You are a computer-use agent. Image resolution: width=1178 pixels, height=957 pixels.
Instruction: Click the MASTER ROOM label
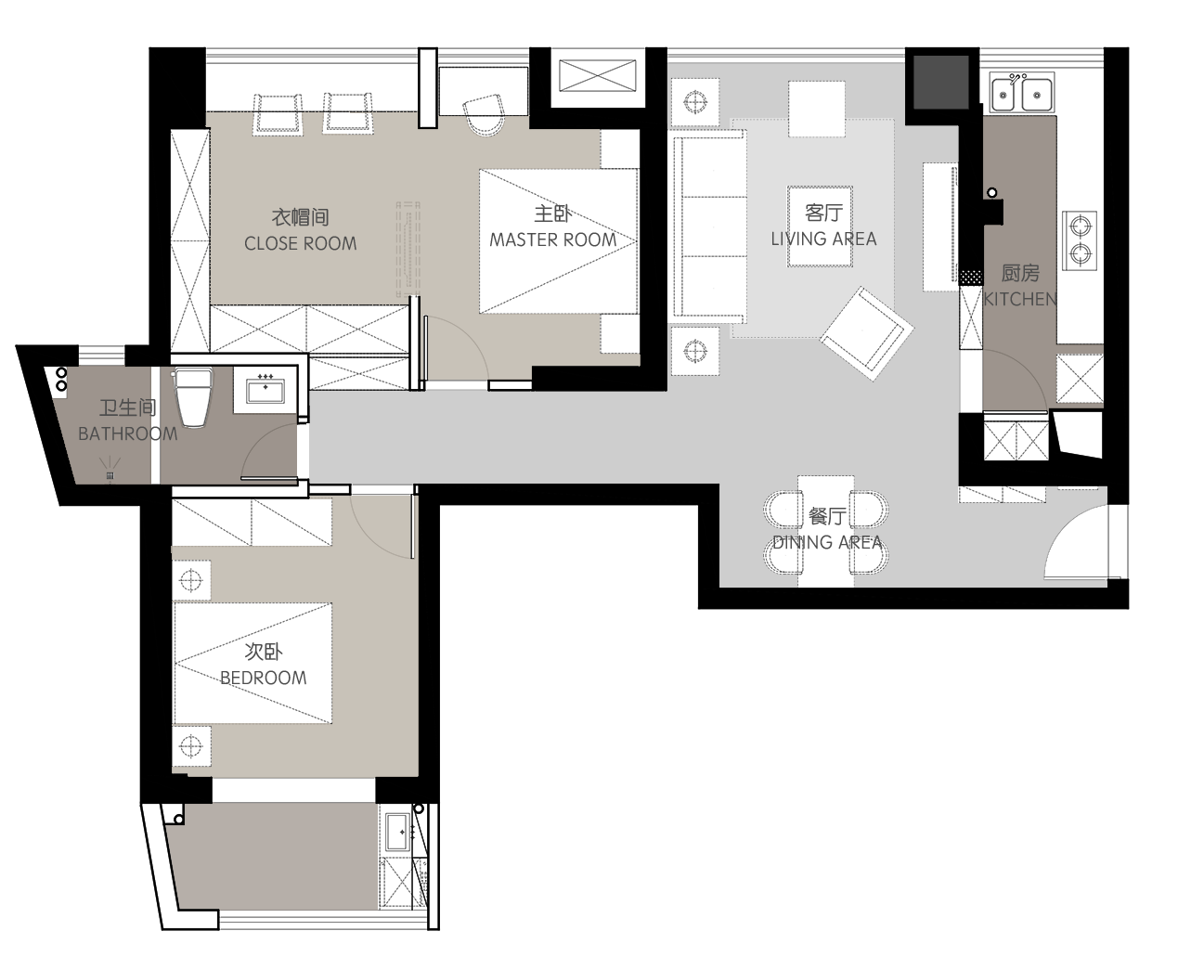click(552, 239)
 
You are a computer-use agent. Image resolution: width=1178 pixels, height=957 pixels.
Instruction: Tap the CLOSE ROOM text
click(301, 243)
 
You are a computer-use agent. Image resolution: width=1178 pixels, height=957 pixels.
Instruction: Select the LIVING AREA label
click(823, 239)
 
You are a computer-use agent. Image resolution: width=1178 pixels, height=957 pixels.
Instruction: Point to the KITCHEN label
click(1020, 299)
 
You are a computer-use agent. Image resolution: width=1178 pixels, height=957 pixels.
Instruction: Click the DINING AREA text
click(827, 542)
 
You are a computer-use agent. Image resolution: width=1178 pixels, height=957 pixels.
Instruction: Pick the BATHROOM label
click(128, 434)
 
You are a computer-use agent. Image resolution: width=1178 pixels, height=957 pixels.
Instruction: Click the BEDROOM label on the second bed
click(264, 678)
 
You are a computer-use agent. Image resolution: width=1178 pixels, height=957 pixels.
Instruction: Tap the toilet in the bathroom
click(192, 397)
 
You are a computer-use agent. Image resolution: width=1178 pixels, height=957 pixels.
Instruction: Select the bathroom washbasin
click(265, 389)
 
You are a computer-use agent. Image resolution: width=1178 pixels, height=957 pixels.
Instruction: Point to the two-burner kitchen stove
click(1080, 240)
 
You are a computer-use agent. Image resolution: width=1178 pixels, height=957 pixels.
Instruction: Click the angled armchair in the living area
click(867, 333)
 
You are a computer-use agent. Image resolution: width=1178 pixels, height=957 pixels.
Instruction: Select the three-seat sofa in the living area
click(708, 226)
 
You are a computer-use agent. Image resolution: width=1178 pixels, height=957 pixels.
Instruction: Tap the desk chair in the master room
click(485, 115)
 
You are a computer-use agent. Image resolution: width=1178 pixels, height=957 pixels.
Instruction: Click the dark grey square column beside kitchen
click(940, 82)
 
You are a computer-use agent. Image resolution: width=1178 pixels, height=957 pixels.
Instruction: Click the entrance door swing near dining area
click(1076, 543)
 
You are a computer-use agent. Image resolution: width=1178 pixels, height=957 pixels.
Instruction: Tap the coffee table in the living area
click(820, 226)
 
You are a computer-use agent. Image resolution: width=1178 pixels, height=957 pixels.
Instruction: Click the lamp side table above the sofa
click(695, 102)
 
